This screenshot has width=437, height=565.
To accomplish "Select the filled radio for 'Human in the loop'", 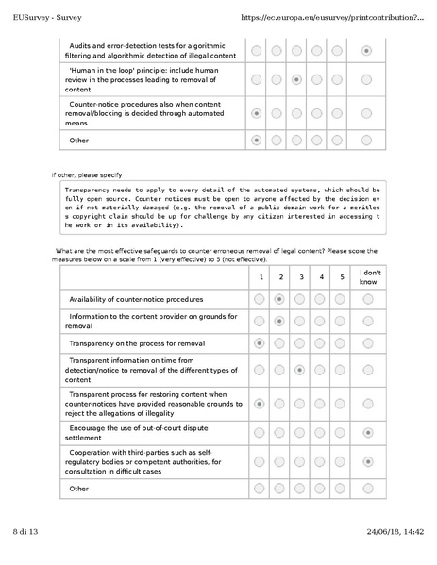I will [297, 81].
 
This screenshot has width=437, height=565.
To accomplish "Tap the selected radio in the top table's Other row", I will [256, 141].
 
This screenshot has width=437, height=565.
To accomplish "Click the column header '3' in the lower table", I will [300, 277].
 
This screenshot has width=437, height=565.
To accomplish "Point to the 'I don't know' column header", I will [367, 277].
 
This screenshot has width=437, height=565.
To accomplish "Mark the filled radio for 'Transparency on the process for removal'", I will [260, 343].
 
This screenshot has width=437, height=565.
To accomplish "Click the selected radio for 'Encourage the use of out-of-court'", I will [367, 432].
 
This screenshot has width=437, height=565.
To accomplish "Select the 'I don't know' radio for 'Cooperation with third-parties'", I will [367, 462].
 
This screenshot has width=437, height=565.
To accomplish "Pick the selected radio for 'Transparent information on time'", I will [300, 371].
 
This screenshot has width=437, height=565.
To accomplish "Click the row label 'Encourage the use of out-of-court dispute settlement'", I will [145, 432].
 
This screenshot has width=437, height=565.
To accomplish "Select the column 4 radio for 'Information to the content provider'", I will [320, 321].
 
